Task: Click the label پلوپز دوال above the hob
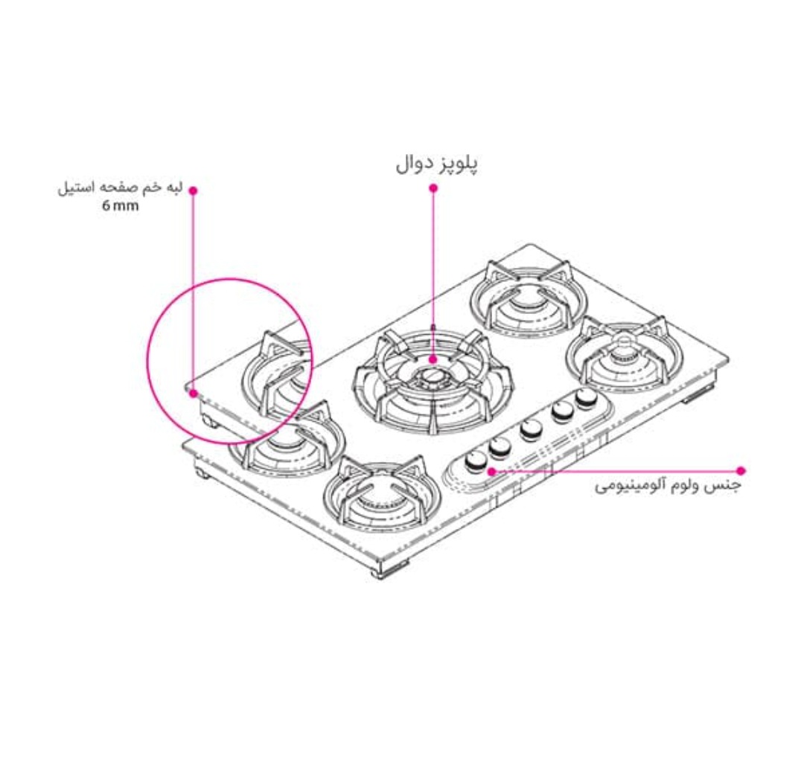pyautogui.click(x=436, y=165)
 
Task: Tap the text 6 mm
pyautogui.click(x=121, y=206)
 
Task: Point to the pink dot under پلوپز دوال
pyautogui.click(x=434, y=188)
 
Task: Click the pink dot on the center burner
pyautogui.click(x=434, y=359)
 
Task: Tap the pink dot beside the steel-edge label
pyautogui.click(x=194, y=190)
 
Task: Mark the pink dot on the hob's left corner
pyautogui.click(x=194, y=394)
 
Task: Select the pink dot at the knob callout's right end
pyautogui.click(x=741, y=470)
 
